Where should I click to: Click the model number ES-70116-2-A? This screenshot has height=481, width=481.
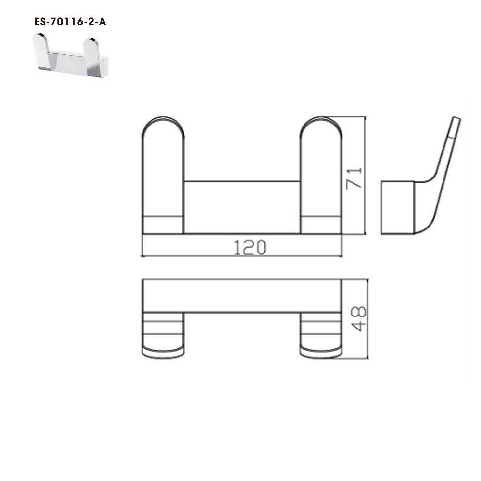coord(69,22)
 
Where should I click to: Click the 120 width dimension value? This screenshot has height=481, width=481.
coord(250,247)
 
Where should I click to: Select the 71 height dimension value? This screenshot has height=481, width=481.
coord(354,177)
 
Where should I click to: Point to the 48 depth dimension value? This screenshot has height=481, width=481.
coord(357,319)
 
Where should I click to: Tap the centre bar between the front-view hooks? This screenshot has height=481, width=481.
coord(242,207)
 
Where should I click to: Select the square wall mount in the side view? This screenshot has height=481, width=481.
coord(398,207)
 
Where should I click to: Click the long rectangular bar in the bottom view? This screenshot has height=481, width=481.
coord(242,296)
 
